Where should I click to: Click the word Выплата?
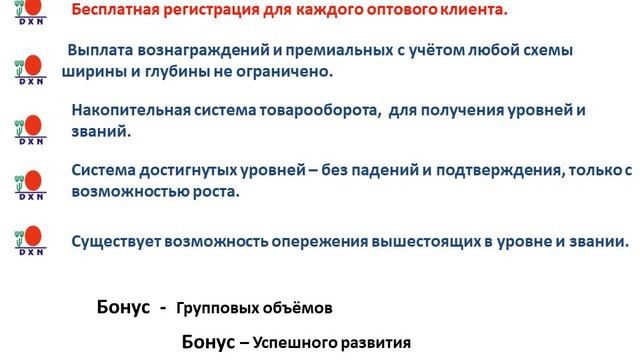coord(99,51)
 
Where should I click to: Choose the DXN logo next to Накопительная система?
coord(29,129)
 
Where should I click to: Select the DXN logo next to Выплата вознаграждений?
coord(29,71)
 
